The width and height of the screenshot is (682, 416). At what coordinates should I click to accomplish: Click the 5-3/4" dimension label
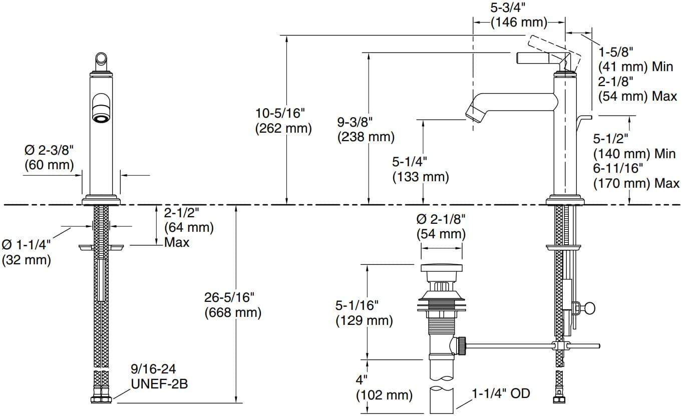tap(518, 9)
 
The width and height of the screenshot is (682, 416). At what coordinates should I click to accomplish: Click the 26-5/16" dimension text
tap(232, 298)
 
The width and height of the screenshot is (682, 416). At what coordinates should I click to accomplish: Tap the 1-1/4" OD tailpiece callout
tap(501, 393)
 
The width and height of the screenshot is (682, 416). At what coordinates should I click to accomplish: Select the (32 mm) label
tap(26, 260)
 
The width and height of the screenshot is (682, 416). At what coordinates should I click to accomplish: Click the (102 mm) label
tap(384, 395)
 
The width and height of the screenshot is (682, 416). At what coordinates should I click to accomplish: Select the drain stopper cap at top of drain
tap(441, 267)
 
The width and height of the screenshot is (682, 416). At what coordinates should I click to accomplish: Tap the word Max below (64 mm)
tap(177, 243)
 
